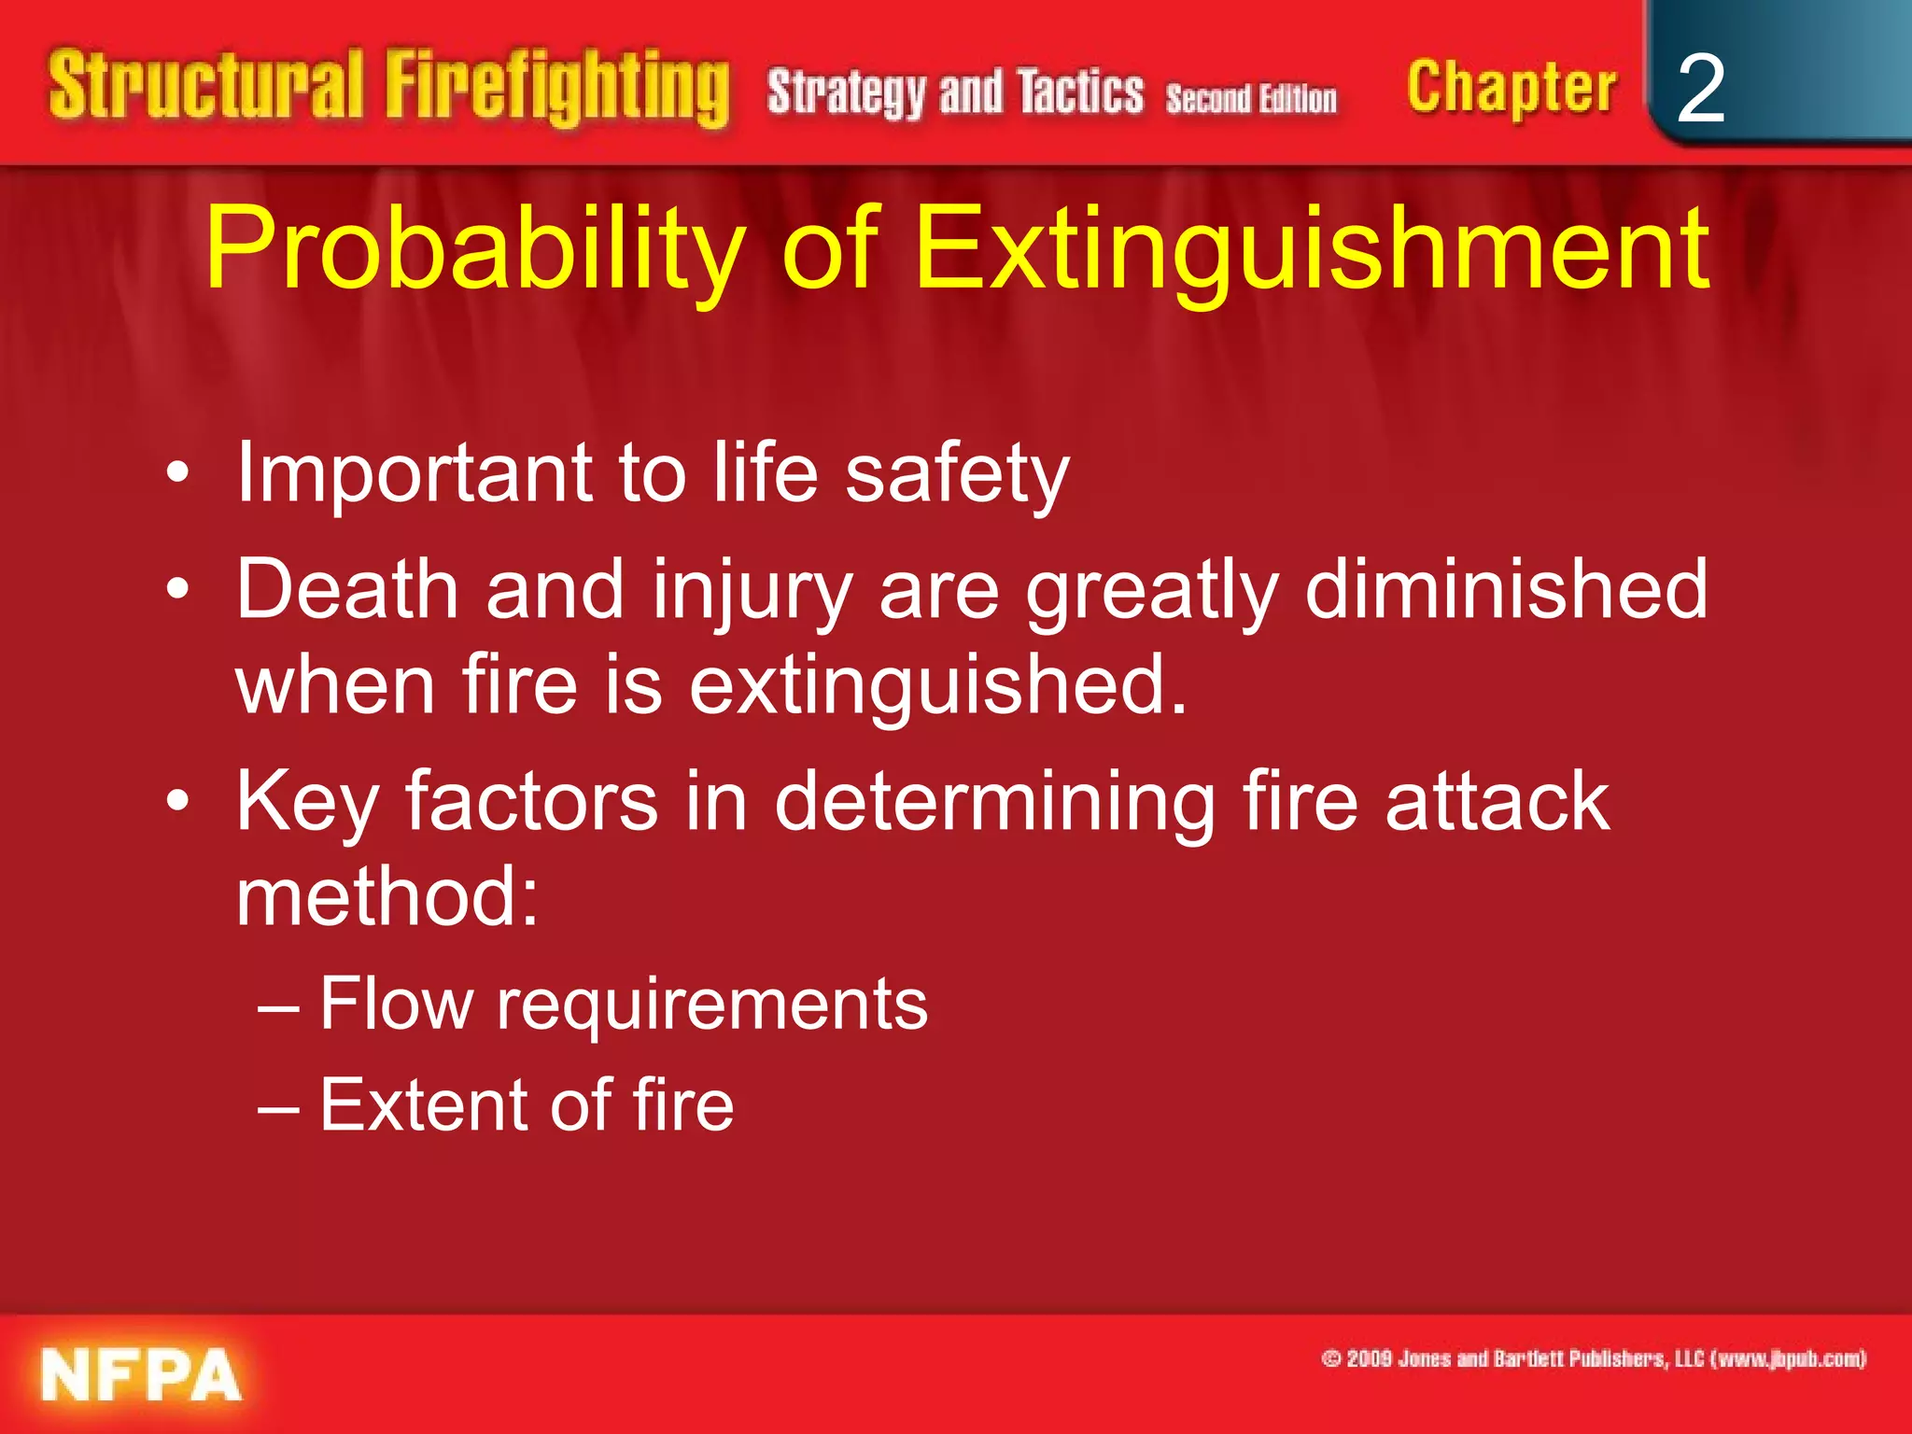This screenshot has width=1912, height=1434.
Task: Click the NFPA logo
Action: point(141,1374)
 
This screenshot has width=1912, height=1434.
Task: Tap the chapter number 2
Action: point(1700,89)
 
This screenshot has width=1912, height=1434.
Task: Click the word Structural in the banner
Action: point(205,86)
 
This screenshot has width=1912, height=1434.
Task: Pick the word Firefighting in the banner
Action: point(557,88)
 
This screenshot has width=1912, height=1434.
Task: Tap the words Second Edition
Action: point(1251,98)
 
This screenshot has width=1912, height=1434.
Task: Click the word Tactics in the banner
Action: point(1080,92)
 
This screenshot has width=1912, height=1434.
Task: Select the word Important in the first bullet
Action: point(414,472)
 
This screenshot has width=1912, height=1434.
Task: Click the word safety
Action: point(957,474)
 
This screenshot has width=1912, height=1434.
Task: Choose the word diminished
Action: point(1506,589)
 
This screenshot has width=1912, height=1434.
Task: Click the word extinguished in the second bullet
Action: point(937,685)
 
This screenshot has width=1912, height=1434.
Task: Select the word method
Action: point(387,896)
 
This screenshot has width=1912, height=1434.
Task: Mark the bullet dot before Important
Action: point(177,473)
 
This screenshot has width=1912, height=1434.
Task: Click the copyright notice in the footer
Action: point(1594,1358)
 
